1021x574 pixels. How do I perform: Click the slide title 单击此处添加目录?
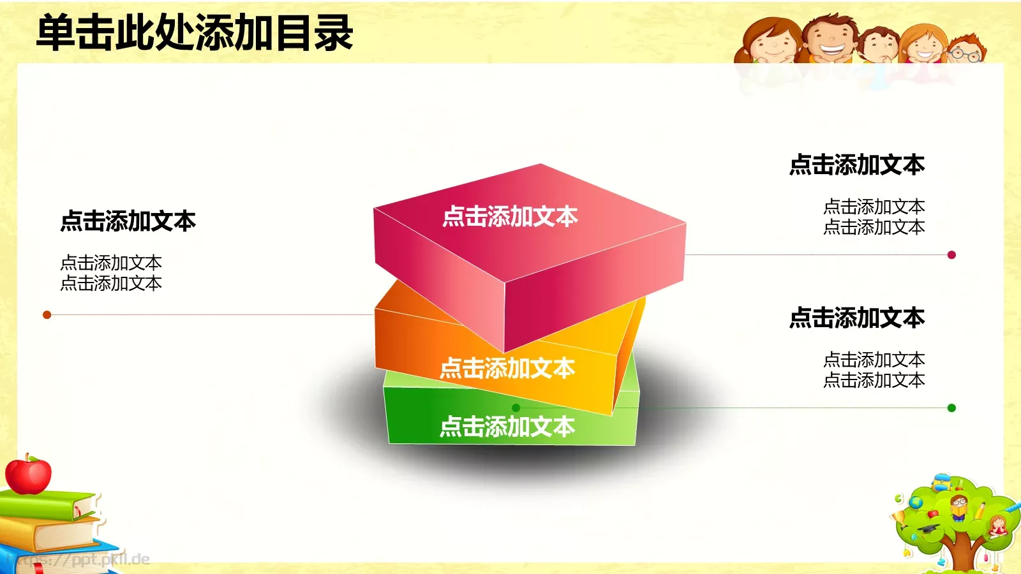click(x=195, y=33)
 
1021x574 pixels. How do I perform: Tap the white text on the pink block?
click(x=510, y=217)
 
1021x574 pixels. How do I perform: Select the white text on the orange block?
click(x=507, y=369)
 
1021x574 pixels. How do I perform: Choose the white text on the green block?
click(x=507, y=427)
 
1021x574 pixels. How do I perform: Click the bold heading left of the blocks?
click(x=128, y=221)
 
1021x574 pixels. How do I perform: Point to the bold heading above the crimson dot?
click(x=857, y=165)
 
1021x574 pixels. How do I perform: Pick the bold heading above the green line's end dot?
click(x=857, y=318)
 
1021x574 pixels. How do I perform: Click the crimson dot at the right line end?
click(x=951, y=255)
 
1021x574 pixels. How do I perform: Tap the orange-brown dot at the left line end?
click(x=47, y=314)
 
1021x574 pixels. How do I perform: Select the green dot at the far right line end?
click(x=951, y=408)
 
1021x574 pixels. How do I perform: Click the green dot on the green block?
click(x=516, y=408)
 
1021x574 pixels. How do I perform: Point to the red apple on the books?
click(x=28, y=475)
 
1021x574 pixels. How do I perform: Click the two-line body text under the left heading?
click(x=111, y=273)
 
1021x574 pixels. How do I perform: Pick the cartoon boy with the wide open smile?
click(x=831, y=40)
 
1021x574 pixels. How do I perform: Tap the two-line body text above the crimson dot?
click(x=874, y=217)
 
